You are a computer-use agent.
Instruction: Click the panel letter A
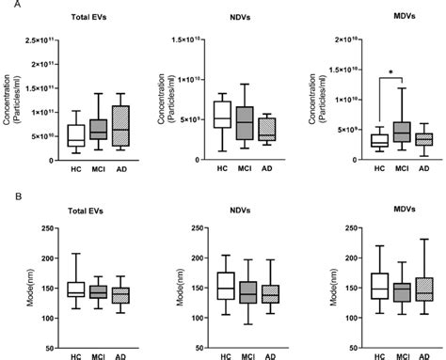click(7, 6)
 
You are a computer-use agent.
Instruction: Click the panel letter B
click(7, 198)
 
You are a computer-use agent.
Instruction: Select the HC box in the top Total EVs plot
click(75, 134)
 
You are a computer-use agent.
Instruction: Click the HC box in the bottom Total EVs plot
click(75, 290)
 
